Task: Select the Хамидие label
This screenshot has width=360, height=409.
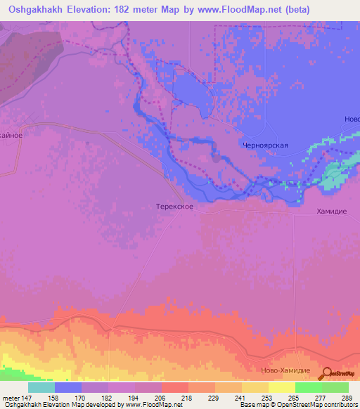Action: tap(331, 212)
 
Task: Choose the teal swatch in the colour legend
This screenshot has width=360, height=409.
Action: tap(41, 387)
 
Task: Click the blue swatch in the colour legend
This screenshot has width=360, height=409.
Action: tap(68, 387)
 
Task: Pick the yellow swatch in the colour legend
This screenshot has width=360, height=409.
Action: tap(282, 387)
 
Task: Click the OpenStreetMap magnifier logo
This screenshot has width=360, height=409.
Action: tap(326, 374)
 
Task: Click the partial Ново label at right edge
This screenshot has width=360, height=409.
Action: tap(352, 119)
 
